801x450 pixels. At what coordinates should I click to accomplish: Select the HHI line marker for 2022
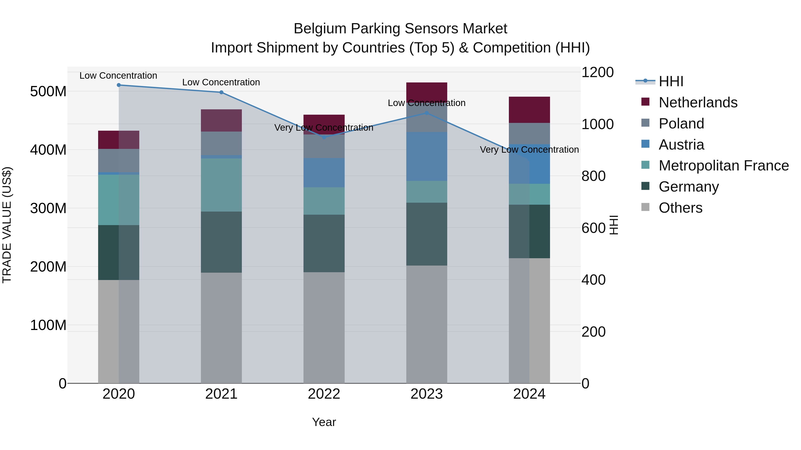click(x=324, y=137)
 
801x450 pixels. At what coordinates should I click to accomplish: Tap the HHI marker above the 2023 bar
click(x=427, y=113)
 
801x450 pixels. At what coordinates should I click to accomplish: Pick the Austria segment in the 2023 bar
click(x=427, y=156)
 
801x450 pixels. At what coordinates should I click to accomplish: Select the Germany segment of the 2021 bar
click(x=221, y=242)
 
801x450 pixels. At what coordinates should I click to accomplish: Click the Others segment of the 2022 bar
click(x=324, y=328)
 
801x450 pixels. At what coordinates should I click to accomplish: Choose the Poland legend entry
click(x=681, y=124)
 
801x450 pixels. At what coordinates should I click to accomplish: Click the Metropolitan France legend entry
click(x=723, y=166)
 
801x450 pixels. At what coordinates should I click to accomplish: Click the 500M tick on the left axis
click(x=48, y=92)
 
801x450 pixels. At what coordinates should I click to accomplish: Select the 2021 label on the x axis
click(x=221, y=394)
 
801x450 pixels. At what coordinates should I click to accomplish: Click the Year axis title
click(x=324, y=422)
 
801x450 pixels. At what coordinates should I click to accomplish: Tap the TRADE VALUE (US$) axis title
click(x=7, y=225)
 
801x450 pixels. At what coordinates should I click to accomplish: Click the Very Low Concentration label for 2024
click(x=529, y=150)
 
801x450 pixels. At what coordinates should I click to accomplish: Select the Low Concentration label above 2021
click(x=221, y=82)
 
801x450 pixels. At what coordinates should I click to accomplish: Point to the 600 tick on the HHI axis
click(x=593, y=228)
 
